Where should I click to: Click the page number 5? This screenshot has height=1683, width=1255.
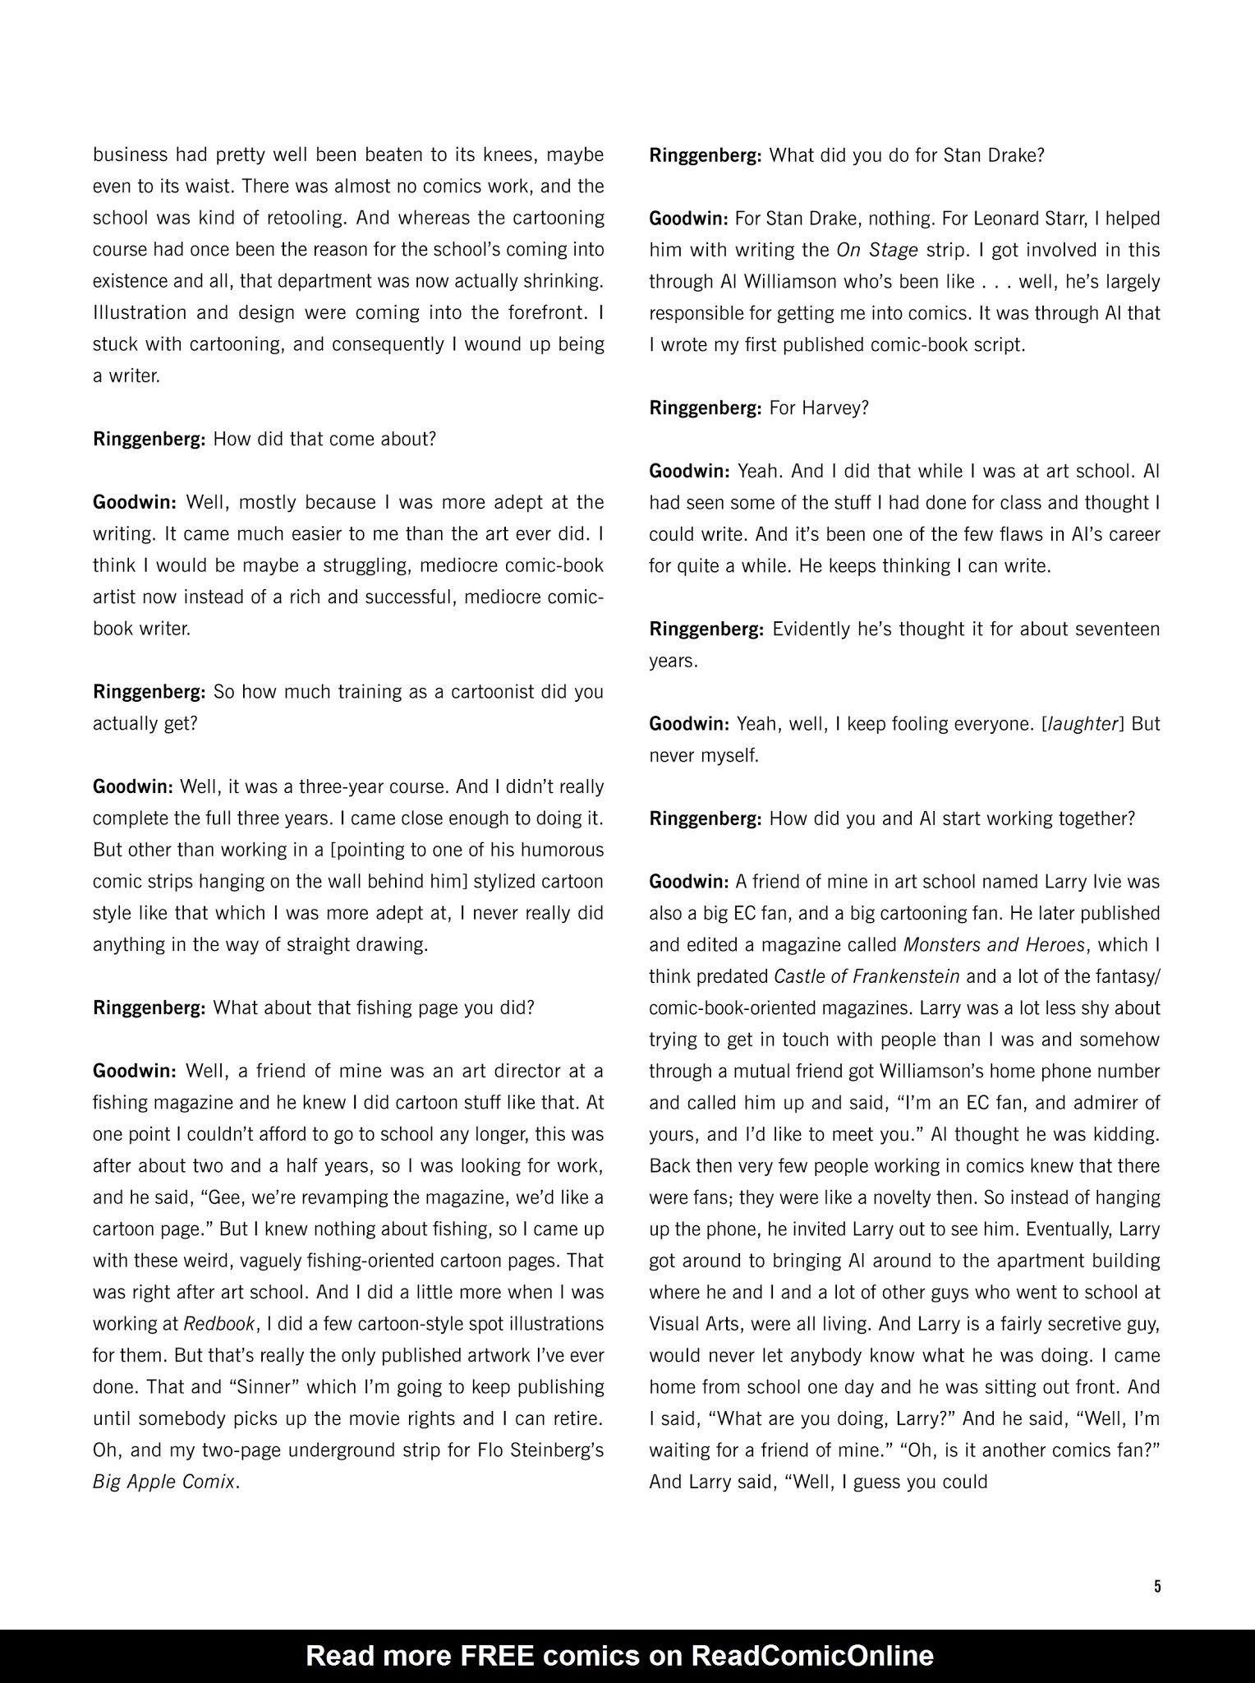(x=1157, y=1586)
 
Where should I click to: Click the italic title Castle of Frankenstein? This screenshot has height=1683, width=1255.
(x=867, y=976)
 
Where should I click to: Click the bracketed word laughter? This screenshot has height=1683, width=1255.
(x=1082, y=724)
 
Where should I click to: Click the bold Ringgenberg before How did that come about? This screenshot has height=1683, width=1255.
(x=149, y=439)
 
